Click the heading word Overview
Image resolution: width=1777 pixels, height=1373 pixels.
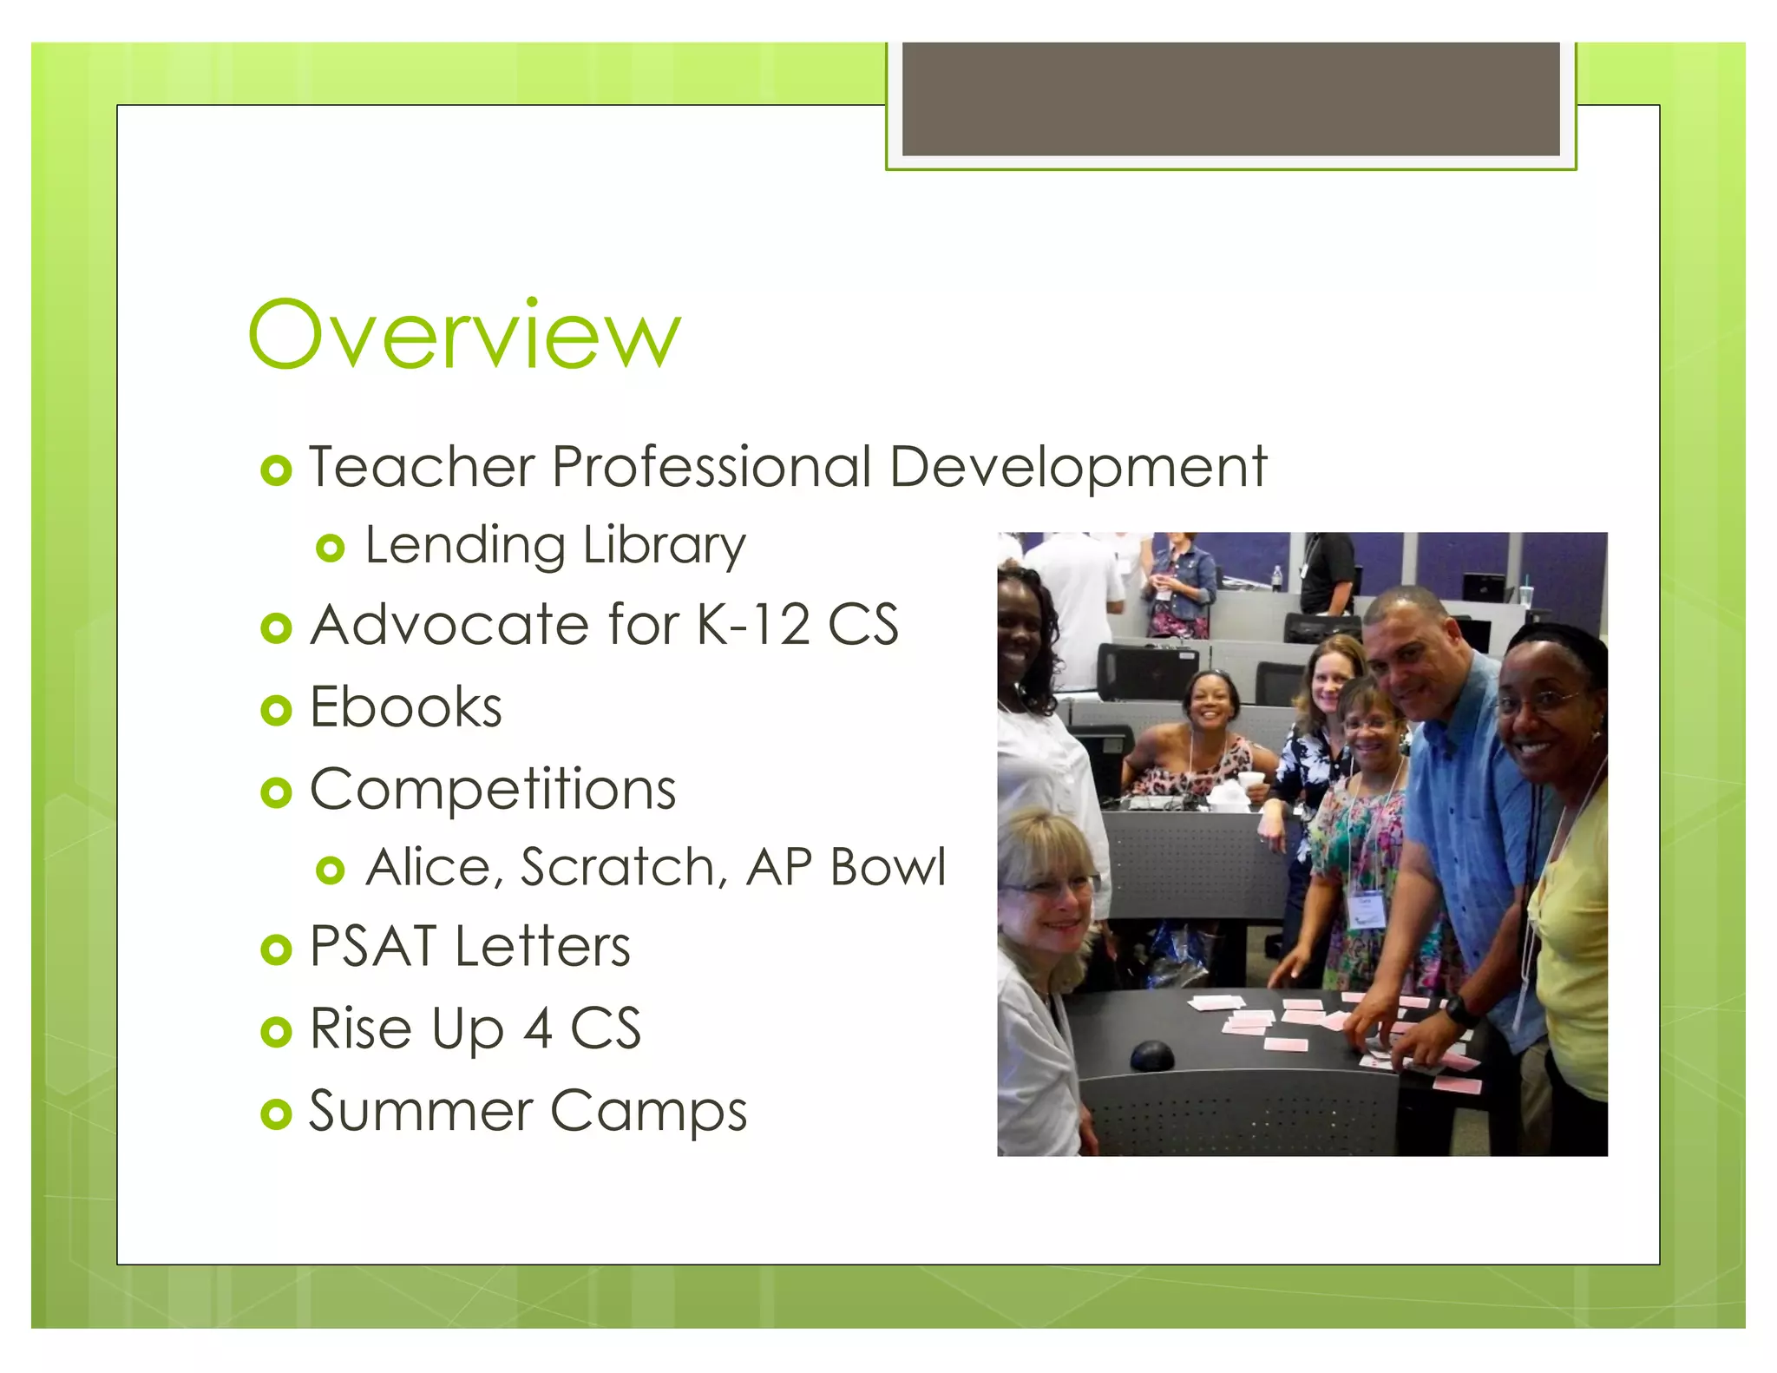[x=464, y=335]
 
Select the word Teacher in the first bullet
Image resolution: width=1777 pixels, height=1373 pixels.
[x=422, y=467]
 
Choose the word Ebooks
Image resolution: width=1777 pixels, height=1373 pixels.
[x=405, y=707]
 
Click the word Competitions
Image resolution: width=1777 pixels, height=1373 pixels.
[x=493, y=790]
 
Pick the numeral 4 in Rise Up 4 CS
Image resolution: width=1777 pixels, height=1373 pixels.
[x=538, y=1029]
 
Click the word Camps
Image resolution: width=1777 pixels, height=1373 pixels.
[x=648, y=1112]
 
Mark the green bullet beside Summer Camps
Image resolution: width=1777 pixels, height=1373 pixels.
[x=276, y=1114]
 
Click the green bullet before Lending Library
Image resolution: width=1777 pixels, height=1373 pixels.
[x=331, y=549]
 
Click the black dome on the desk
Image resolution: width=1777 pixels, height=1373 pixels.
[x=1151, y=1055]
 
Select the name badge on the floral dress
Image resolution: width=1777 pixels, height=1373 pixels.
[x=1366, y=910]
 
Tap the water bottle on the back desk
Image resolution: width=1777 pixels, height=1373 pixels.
[x=1276, y=578]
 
